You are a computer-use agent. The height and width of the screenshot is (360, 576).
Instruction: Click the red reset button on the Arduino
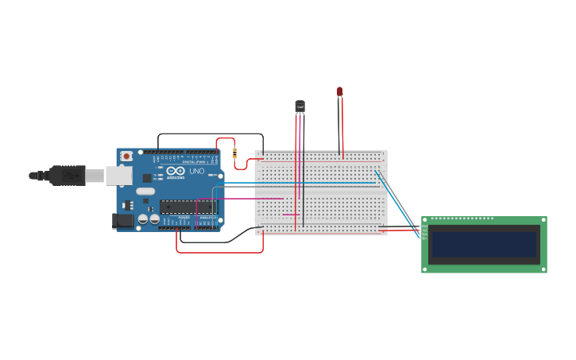pos(126,157)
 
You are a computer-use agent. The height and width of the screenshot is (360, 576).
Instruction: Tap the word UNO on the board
pos(196,171)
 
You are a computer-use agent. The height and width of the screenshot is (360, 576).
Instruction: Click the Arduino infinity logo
pos(176,171)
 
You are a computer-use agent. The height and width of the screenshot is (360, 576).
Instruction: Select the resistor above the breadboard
pos(234,152)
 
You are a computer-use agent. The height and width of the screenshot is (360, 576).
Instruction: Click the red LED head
pos(339,92)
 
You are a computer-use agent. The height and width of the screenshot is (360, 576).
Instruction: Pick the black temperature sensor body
pos(300,105)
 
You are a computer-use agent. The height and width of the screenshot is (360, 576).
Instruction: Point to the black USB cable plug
pos(68,175)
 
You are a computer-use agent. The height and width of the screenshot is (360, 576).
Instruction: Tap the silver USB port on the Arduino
pos(119,175)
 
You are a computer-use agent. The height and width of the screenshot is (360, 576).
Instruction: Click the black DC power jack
pos(123,221)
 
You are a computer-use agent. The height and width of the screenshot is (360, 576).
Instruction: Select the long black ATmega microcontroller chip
pos(187,207)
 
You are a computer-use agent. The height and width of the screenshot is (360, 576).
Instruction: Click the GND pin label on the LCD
pos(424,226)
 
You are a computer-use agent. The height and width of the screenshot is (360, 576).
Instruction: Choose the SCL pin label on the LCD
pos(424,238)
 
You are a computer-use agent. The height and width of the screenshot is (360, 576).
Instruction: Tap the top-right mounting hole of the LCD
pos(543,220)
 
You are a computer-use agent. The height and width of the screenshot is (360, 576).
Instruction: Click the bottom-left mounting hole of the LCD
pos(425,269)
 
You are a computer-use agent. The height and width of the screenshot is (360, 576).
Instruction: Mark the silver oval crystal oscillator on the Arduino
pos(145,191)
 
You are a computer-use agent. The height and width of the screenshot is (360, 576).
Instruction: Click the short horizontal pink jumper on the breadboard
pos(291,215)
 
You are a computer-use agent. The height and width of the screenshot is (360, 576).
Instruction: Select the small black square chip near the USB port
pos(147,179)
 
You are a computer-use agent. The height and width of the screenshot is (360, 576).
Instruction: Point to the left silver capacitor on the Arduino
pos(143,219)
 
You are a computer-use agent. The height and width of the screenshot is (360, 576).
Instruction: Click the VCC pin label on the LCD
pos(424,230)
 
